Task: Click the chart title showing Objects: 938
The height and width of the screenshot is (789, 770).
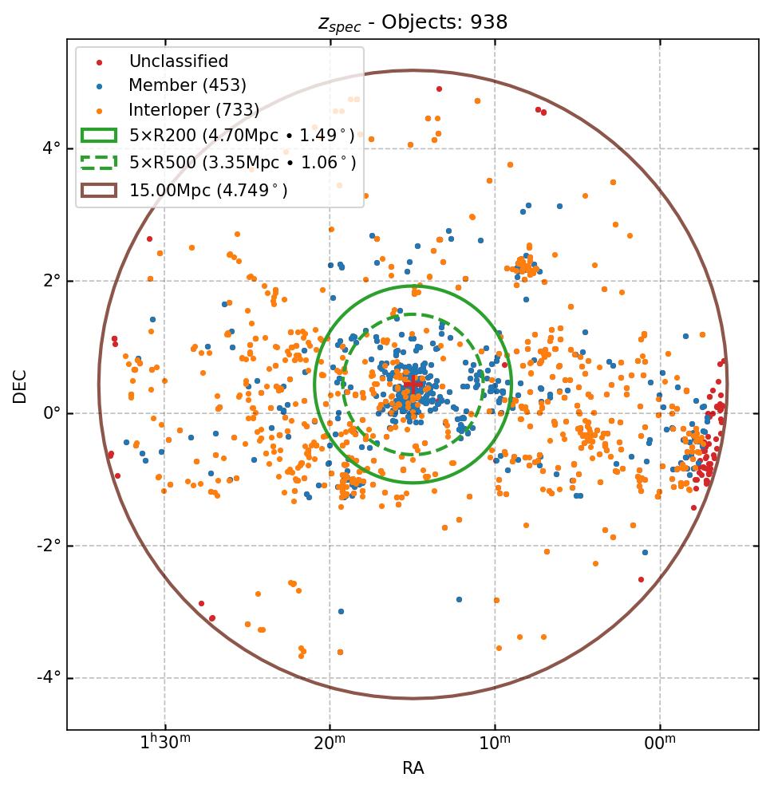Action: [x=413, y=22]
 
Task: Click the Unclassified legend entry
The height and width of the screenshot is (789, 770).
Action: [x=178, y=61]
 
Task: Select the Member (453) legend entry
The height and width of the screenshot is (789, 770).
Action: [x=187, y=85]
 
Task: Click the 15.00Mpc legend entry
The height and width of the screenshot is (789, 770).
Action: [x=208, y=190]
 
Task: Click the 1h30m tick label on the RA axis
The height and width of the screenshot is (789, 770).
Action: [x=165, y=744]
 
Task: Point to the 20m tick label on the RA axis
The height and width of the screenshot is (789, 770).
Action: [x=330, y=744]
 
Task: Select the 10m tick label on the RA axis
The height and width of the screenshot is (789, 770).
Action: [x=495, y=744]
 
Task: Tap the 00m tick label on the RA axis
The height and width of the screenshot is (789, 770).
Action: [x=660, y=744]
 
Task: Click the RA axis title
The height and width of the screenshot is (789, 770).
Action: [x=413, y=768]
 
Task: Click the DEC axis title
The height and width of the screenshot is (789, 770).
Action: [x=20, y=385]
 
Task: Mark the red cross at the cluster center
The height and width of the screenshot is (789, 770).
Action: [x=413, y=386]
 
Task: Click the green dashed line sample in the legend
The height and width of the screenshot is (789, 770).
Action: [x=98, y=163]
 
